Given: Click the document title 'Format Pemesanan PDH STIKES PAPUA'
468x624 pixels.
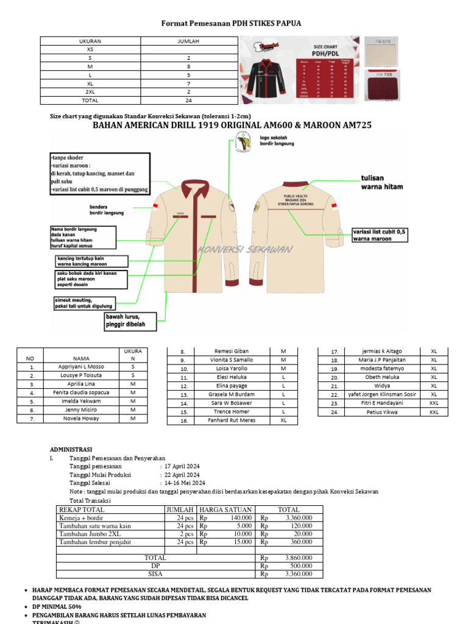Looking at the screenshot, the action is pyautogui.click(x=231, y=23).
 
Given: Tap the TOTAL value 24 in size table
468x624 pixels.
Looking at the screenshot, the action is pyautogui.click(x=189, y=101).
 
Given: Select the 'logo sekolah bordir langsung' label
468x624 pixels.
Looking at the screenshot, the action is pyautogui.click(x=277, y=141).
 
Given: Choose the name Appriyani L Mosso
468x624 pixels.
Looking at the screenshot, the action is pyautogui.click(x=81, y=367).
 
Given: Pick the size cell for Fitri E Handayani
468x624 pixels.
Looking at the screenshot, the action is pyautogui.click(x=434, y=403).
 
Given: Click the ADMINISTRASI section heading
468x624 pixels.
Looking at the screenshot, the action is pyautogui.click(x=75, y=450).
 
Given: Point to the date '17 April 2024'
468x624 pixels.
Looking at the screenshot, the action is pyautogui.click(x=182, y=466).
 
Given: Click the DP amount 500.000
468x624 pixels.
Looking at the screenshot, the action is pyautogui.click(x=298, y=565).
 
